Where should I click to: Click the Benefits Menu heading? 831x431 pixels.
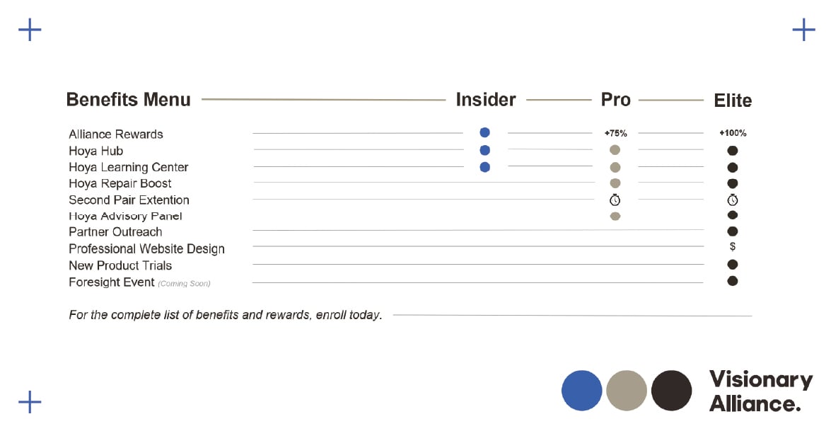click(128, 100)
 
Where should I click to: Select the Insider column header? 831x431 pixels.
click(485, 100)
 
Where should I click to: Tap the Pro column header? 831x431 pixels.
click(615, 100)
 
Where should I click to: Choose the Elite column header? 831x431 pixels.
click(733, 100)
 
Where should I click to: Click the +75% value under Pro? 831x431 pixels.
click(615, 133)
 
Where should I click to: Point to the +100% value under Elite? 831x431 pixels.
click(733, 133)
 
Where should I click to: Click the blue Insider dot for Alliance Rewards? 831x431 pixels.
click(484, 132)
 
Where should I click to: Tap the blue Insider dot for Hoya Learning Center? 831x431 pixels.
click(484, 167)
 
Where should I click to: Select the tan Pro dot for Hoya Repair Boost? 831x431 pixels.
click(615, 183)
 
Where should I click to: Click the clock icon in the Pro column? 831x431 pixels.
click(615, 200)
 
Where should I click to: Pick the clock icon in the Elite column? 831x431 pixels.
click(733, 200)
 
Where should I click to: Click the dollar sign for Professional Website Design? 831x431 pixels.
click(733, 246)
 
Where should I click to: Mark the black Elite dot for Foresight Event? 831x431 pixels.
click(733, 281)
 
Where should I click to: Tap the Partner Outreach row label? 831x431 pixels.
click(115, 232)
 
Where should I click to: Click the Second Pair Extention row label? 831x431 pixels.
click(129, 200)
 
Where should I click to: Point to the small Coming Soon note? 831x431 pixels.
click(184, 284)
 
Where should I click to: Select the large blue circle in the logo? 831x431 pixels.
click(582, 391)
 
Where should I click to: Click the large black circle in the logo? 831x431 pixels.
click(671, 391)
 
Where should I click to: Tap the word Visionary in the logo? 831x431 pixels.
click(761, 379)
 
